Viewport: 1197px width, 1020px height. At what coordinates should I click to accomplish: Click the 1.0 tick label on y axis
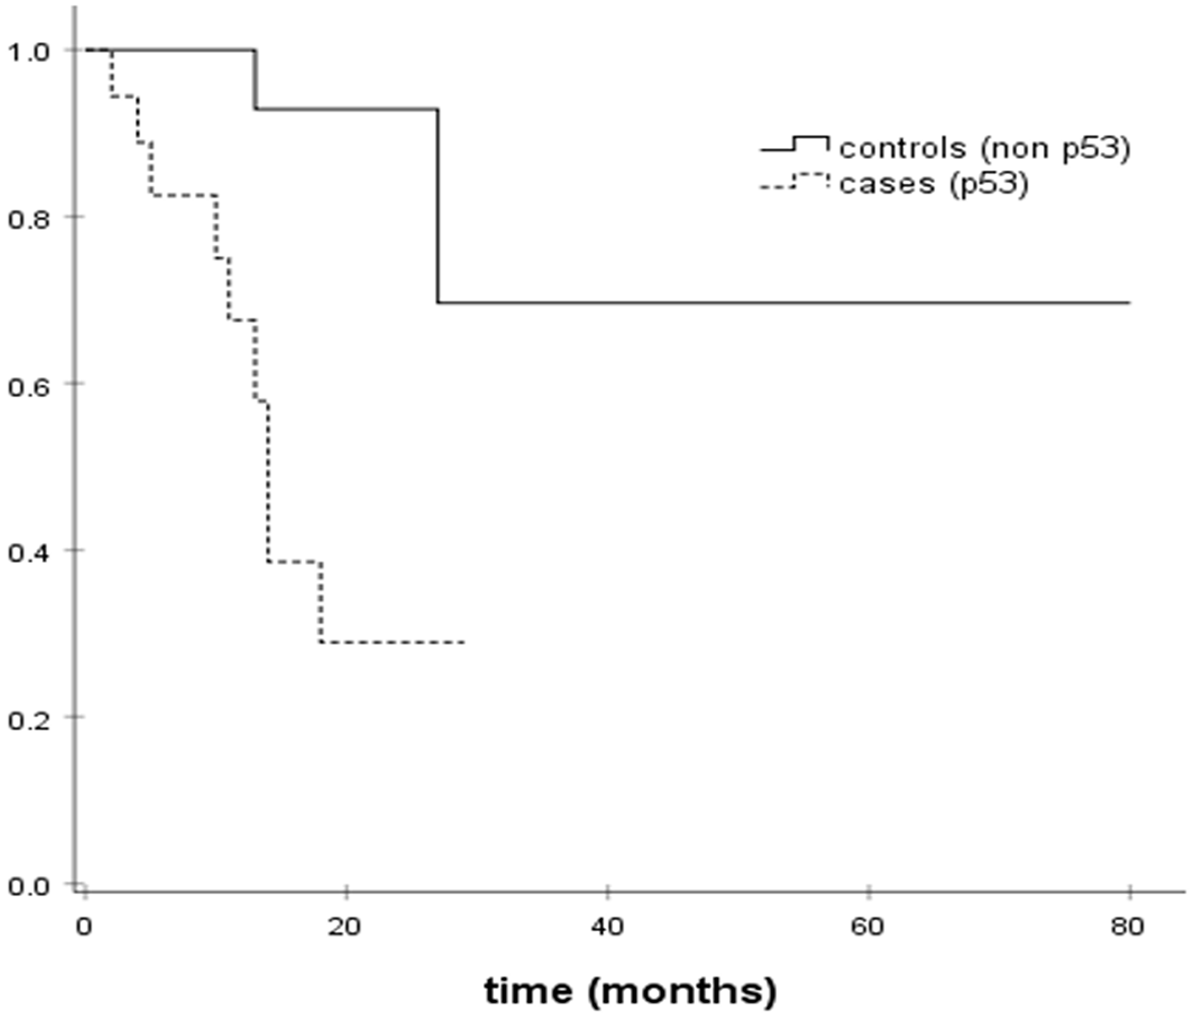(28, 52)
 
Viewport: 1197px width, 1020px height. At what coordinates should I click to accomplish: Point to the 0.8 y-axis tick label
(28, 218)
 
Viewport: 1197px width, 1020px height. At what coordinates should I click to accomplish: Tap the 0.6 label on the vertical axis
(28, 385)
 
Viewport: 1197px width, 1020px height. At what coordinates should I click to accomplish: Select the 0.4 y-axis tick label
(28, 552)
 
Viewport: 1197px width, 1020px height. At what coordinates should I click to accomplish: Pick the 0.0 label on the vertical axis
(28, 886)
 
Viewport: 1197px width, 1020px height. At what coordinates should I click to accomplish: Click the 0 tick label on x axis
(84, 927)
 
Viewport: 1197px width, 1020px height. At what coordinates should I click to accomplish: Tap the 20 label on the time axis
(345, 927)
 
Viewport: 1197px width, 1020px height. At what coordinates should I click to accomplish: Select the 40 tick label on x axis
(607, 927)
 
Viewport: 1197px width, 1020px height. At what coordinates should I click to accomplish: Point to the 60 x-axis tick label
(868, 927)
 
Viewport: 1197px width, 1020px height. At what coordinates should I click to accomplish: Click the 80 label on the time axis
(1128, 927)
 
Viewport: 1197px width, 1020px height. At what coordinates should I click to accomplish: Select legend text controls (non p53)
(985, 148)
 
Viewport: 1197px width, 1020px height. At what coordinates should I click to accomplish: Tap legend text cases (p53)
(934, 183)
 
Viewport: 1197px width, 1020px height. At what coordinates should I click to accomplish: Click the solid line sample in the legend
(795, 144)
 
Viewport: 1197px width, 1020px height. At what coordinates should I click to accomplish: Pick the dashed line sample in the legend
(795, 180)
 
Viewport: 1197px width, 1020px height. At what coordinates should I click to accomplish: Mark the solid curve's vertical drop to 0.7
(438, 207)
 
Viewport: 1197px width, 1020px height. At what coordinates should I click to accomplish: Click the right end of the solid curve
(1129, 303)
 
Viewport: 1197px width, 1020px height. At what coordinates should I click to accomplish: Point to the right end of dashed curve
(464, 642)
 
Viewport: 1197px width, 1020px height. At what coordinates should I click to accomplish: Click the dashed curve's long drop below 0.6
(268, 482)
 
